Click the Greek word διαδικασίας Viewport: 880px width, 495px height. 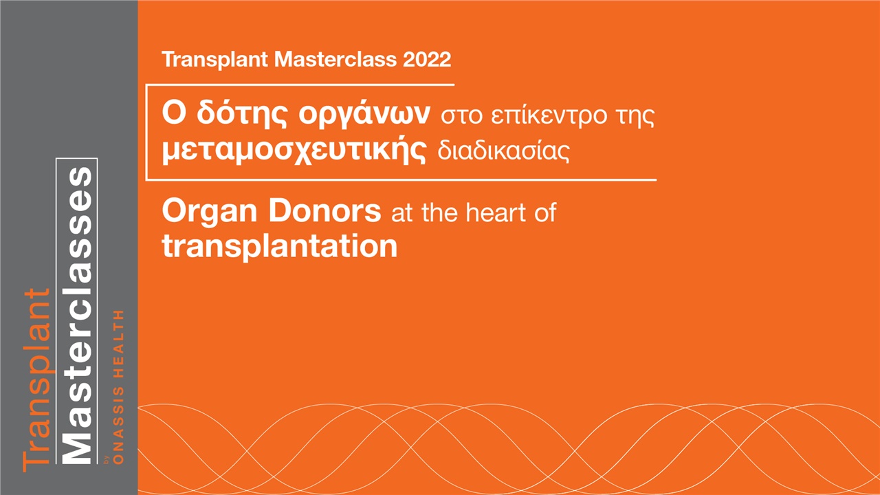pos(504,151)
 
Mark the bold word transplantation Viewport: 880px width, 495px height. pos(280,246)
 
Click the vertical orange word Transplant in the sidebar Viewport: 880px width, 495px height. pos(37,379)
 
